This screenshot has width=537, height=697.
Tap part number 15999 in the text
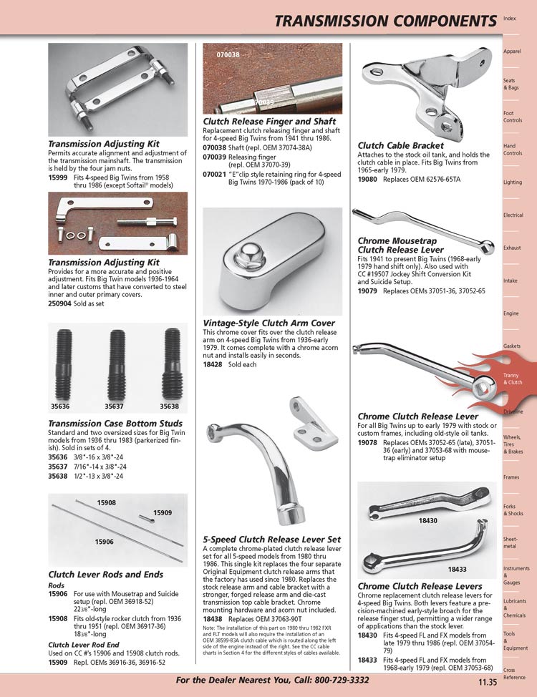58,177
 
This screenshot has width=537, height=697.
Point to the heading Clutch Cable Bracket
400,146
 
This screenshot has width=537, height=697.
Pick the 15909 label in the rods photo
163,512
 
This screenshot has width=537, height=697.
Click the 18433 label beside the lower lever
458,569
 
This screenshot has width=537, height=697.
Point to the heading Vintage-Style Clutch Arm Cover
268,323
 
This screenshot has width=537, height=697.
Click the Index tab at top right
510,17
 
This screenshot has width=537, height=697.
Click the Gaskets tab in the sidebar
512,346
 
